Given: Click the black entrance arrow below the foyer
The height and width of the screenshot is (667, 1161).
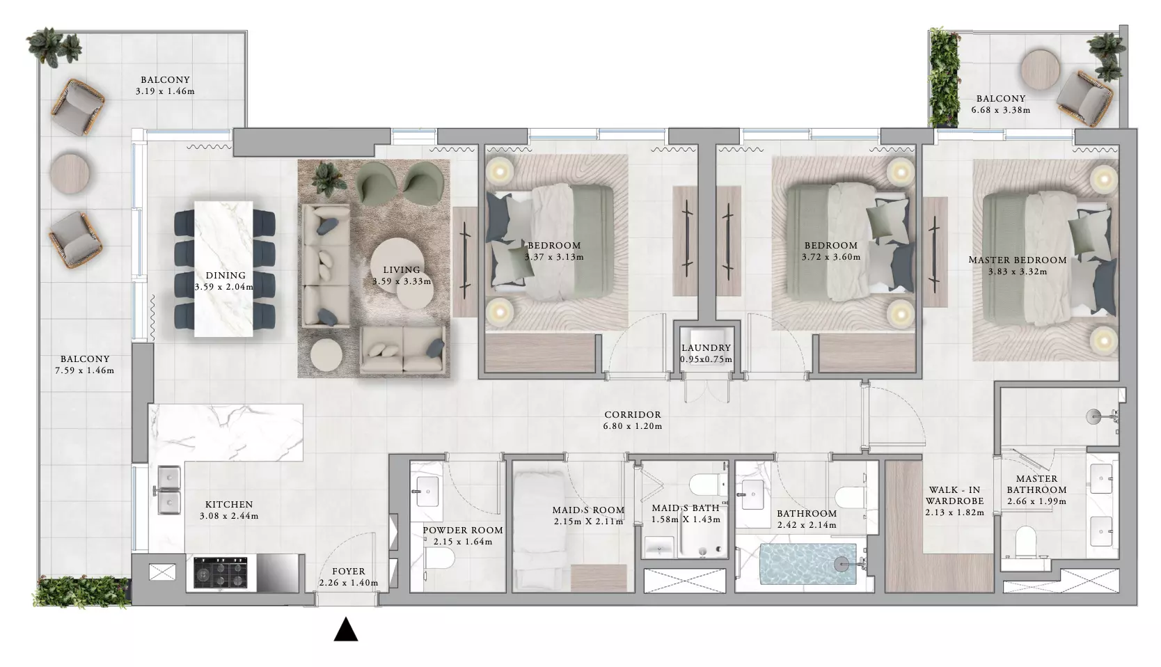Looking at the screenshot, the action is click(346, 629).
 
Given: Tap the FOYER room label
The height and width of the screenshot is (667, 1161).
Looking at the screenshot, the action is click(349, 571).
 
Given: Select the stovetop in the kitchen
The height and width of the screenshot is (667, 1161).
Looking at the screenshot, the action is click(220, 573).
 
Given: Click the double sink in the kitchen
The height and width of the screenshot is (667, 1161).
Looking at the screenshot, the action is click(169, 489).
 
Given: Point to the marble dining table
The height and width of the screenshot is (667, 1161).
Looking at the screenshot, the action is click(223, 269).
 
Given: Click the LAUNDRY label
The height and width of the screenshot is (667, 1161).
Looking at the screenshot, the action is click(706, 347).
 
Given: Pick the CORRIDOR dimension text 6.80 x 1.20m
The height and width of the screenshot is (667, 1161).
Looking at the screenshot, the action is click(632, 427).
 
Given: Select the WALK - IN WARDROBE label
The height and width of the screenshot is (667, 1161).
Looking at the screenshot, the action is click(955, 496).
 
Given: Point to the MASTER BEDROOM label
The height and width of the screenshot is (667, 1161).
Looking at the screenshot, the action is click(1018, 260).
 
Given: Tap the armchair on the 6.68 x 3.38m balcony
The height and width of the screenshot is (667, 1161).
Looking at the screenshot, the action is click(1084, 98).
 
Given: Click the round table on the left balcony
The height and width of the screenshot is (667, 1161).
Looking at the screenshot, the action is click(70, 173).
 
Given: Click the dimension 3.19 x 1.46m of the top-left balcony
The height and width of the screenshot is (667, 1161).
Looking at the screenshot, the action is click(166, 91).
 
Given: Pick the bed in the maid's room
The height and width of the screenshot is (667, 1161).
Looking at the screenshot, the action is click(542, 531).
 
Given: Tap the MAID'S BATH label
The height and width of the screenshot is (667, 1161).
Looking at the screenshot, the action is click(685, 508).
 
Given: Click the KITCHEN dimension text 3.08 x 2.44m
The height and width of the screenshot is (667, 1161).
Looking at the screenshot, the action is click(229, 516).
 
